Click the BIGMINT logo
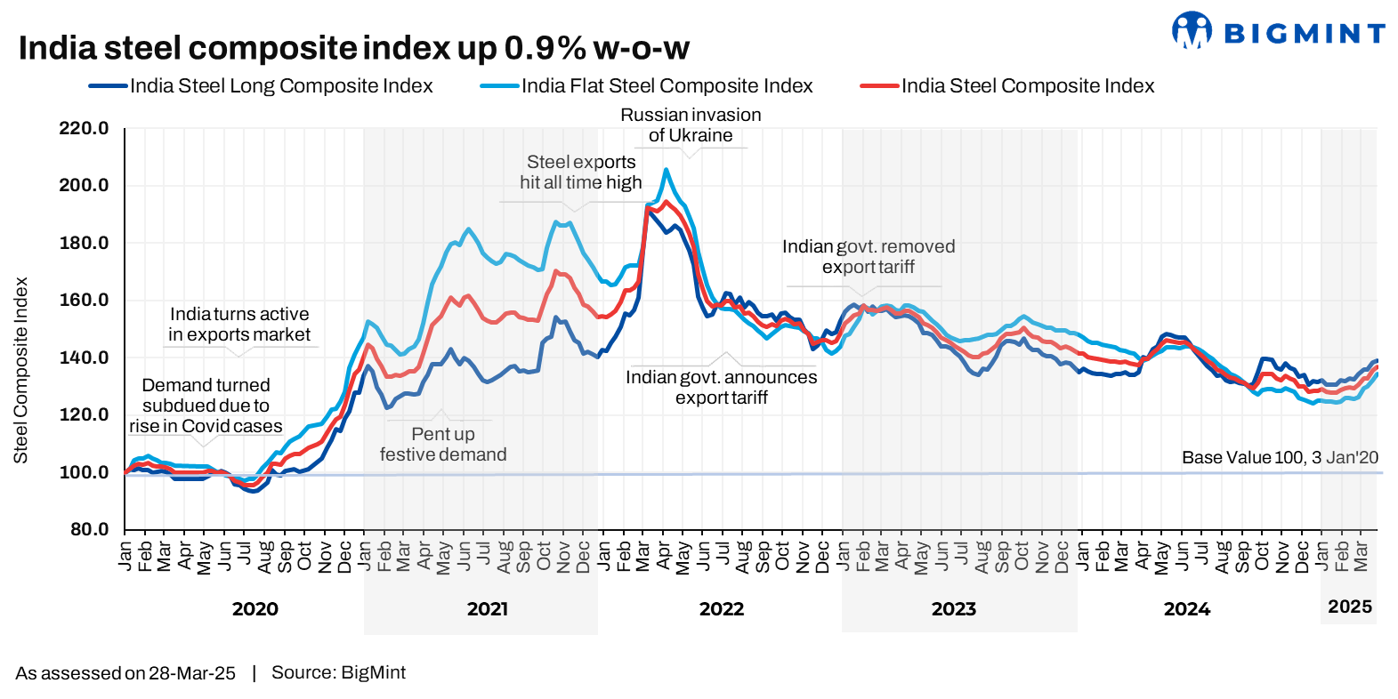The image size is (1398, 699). pos(1278,32)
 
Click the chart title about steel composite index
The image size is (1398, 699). pos(353,48)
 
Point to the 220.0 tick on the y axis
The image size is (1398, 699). pos(84,128)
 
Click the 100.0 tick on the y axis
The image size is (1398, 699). pos(84,472)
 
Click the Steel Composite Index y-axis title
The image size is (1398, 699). pos(20,370)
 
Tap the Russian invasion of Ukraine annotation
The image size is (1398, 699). pos(691,125)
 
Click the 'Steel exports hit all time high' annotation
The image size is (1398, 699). pos(580,173)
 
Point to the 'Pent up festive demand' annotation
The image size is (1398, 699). pos(443,445)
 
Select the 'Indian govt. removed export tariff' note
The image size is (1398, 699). pos(869,257)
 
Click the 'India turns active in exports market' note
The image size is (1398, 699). pos(239,325)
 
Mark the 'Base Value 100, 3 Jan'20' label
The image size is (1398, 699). pos(1280,458)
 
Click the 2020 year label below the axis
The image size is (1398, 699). pos(255,609)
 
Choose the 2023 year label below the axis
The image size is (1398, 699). pos(954,609)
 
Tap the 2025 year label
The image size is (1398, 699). pos(1350,607)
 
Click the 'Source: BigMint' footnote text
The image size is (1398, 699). pos(338,673)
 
